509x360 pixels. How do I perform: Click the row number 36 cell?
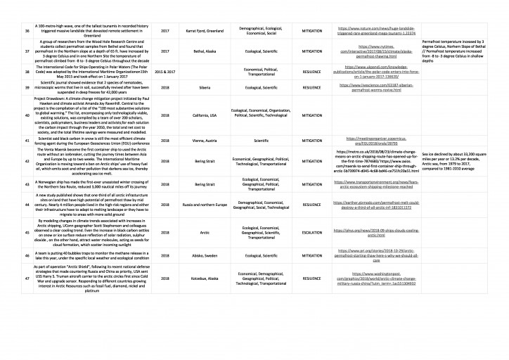(x=27, y=31)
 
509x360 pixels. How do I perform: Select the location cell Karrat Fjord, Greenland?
(x=204, y=31)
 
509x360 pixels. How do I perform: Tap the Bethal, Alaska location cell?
(x=204, y=51)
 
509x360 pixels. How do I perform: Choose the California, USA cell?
(x=204, y=115)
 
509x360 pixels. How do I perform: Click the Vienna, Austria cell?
(x=204, y=141)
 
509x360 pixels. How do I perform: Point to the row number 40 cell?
(x=27, y=115)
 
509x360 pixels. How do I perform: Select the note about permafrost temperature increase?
(x=458, y=51)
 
